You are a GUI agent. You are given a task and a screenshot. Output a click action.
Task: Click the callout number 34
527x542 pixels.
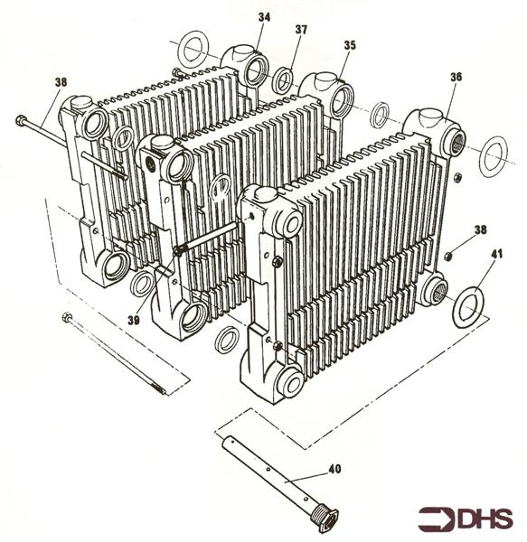point(263,17)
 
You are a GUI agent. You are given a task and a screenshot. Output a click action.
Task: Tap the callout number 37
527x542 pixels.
point(301,30)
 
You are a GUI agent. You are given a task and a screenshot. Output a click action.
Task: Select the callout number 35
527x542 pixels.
point(349,45)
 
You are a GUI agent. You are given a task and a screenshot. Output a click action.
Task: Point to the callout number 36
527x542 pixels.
point(456,78)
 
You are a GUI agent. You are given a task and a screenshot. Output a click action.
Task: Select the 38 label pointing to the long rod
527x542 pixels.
point(61,82)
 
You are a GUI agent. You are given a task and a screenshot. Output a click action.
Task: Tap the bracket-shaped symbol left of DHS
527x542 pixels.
point(436,519)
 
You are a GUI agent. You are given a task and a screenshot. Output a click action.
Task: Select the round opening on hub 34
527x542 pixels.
point(256,69)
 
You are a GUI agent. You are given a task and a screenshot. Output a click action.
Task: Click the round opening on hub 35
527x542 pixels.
point(340,101)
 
